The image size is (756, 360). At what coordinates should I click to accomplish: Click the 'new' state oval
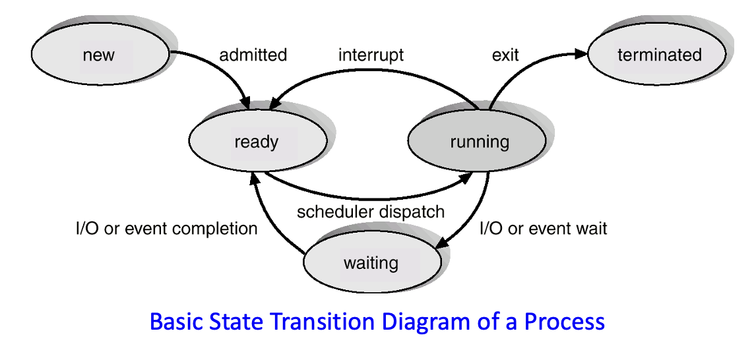point(100,54)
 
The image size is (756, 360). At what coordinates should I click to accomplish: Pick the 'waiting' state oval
point(372,262)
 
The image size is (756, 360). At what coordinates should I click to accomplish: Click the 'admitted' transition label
point(253,55)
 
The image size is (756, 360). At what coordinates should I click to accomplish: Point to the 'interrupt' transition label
point(371,55)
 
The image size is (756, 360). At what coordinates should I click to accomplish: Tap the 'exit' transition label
point(505,55)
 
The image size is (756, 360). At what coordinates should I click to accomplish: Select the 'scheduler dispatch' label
point(370,212)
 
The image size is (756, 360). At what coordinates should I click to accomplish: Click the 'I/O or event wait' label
point(543,228)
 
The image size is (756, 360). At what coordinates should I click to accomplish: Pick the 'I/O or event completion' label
point(167,228)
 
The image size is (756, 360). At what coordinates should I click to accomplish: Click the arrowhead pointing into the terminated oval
point(581,53)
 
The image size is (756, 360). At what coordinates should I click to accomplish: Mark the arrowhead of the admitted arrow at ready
point(245,102)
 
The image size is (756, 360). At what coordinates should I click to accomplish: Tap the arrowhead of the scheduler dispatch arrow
point(466,177)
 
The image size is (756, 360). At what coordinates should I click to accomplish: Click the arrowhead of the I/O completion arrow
point(254,179)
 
